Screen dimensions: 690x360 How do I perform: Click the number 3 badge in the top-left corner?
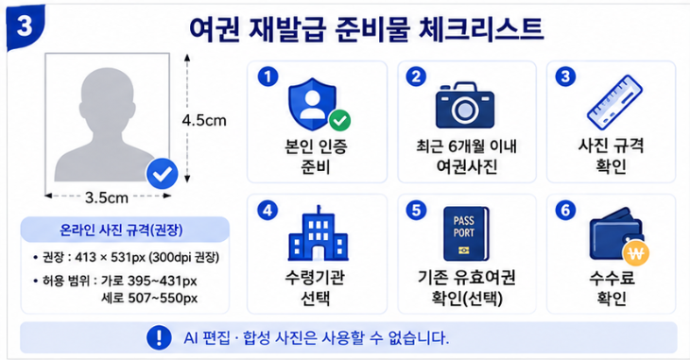26,26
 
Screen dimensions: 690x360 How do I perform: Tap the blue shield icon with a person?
313,104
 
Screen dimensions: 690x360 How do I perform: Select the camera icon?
465,105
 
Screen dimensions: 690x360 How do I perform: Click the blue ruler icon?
614,103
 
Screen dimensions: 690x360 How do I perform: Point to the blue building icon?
318,233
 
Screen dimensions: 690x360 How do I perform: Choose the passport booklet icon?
466,233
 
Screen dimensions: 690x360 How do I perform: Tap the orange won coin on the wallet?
636,252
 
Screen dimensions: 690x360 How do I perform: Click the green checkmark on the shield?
339,120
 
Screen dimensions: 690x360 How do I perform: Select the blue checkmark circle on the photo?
163,174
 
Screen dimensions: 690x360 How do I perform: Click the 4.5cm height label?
204,120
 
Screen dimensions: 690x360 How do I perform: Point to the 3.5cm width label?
107,197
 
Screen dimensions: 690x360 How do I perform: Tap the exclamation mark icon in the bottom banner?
159,337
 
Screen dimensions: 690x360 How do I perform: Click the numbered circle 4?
267,211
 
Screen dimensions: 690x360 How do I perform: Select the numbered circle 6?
565,210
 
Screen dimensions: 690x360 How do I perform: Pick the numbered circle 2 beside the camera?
416,77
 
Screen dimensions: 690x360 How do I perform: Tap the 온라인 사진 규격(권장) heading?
121,230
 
